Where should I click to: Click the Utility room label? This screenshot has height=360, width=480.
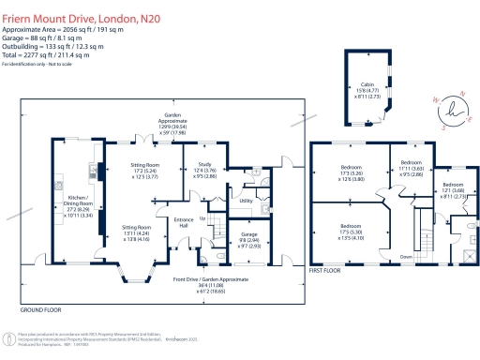(x=247, y=201)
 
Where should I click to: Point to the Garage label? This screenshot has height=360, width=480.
(x=250, y=234)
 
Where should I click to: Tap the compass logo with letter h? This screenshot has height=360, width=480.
(x=455, y=105)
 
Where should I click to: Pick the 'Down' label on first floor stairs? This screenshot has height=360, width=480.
(x=406, y=255)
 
